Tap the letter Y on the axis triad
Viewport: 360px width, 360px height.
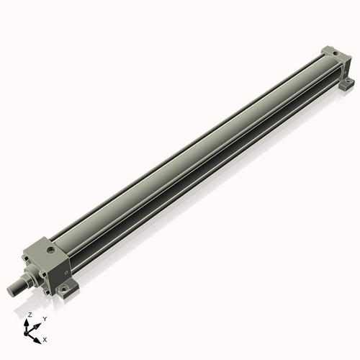click(x=45, y=318)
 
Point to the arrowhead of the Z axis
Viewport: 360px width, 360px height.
click(x=28, y=322)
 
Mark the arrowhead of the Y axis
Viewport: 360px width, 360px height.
click(x=39, y=322)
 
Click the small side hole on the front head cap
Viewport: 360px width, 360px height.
click(x=64, y=274)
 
